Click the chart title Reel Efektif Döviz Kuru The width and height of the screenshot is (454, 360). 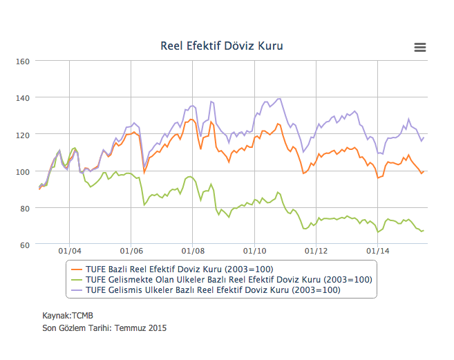coord(222,46)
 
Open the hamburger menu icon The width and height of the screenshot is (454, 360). coord(419,47)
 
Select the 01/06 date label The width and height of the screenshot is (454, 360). coord(131,252)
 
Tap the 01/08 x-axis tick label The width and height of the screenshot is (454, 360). coord(193,252)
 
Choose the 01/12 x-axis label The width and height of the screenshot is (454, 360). coord(315,252)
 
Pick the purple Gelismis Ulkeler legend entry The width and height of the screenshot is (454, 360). coord(214,291)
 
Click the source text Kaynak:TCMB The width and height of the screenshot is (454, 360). coord(68,316)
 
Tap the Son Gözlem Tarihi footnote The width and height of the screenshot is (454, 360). coord(104,328)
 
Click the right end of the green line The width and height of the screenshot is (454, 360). coord(423,230)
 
